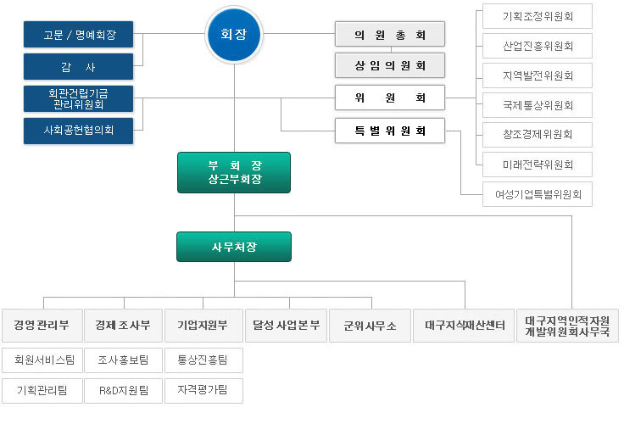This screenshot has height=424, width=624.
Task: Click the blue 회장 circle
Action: coord(234,35)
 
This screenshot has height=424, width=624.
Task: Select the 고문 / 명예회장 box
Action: coord(78,35)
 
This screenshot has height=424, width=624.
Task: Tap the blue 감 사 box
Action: coord(78,66)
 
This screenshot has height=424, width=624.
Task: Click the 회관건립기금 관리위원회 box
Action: coord(78,98)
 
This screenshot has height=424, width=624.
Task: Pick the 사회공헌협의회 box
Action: coord(78,131)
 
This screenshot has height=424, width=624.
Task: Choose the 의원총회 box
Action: coord(390,34)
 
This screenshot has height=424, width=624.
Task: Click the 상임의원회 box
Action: coord(390,65)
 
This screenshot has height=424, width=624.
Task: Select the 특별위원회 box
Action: coord(390,131)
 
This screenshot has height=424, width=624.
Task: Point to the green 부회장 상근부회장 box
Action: coord(234,172)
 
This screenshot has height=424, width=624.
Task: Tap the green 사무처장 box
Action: coord(234,247)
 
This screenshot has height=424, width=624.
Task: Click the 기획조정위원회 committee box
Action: coord(538,16)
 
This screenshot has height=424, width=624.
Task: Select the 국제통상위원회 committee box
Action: coord(538,105)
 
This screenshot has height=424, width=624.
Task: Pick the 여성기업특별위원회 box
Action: coord(538,194)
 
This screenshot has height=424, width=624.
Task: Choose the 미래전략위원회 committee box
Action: coord(538,165)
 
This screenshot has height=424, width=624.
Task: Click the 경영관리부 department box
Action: coord(42,326)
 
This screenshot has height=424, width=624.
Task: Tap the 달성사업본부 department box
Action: coord(286,326)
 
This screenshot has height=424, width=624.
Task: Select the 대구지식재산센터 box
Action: coord(464,326)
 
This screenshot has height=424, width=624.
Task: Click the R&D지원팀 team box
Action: coord(124,391)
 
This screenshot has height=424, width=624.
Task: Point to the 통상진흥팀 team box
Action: coord(203,360)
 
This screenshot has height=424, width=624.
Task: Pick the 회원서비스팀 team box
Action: coord(42,360)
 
